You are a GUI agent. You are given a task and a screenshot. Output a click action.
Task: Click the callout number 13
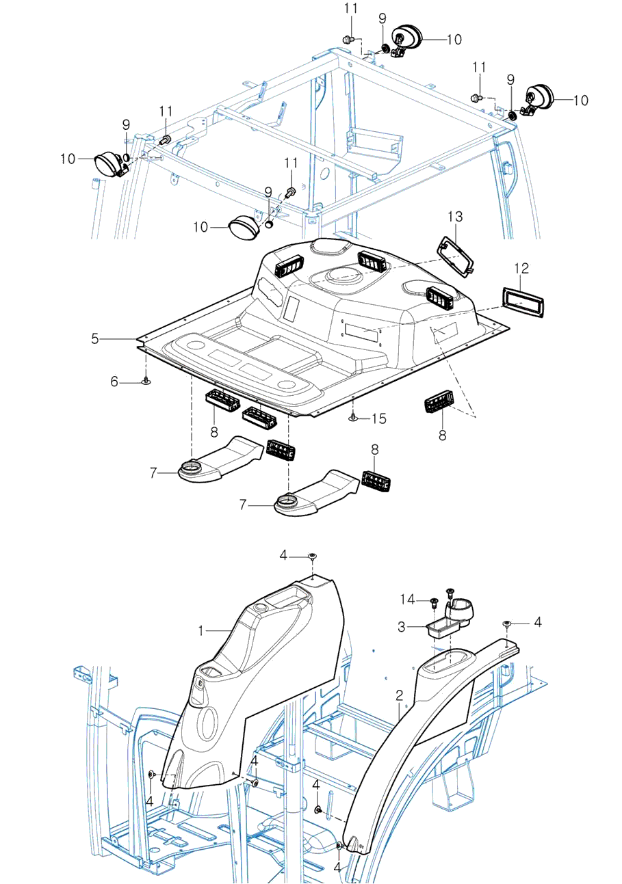click(x=456, y=216)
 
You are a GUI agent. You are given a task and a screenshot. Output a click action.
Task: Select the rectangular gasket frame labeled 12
click(x=524, y=302)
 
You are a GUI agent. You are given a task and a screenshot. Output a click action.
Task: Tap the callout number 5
click(x=96, y=338)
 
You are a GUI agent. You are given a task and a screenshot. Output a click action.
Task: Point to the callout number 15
click(x=379, y=417)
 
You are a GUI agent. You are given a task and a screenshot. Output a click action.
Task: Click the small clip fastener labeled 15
click(x=352, y=417)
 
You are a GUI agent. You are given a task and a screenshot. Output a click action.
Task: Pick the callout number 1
click(x=201, y=631)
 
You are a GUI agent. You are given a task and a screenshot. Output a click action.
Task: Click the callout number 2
click(x=399, y=697)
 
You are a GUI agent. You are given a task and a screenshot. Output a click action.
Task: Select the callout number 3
click(x=403, y=626)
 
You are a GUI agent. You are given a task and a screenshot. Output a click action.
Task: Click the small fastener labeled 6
click(x=146, y=381)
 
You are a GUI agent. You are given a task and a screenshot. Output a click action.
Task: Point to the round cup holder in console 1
click(x=261, y=608)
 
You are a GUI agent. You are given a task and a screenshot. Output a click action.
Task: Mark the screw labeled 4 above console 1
click(x=312, y=557)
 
